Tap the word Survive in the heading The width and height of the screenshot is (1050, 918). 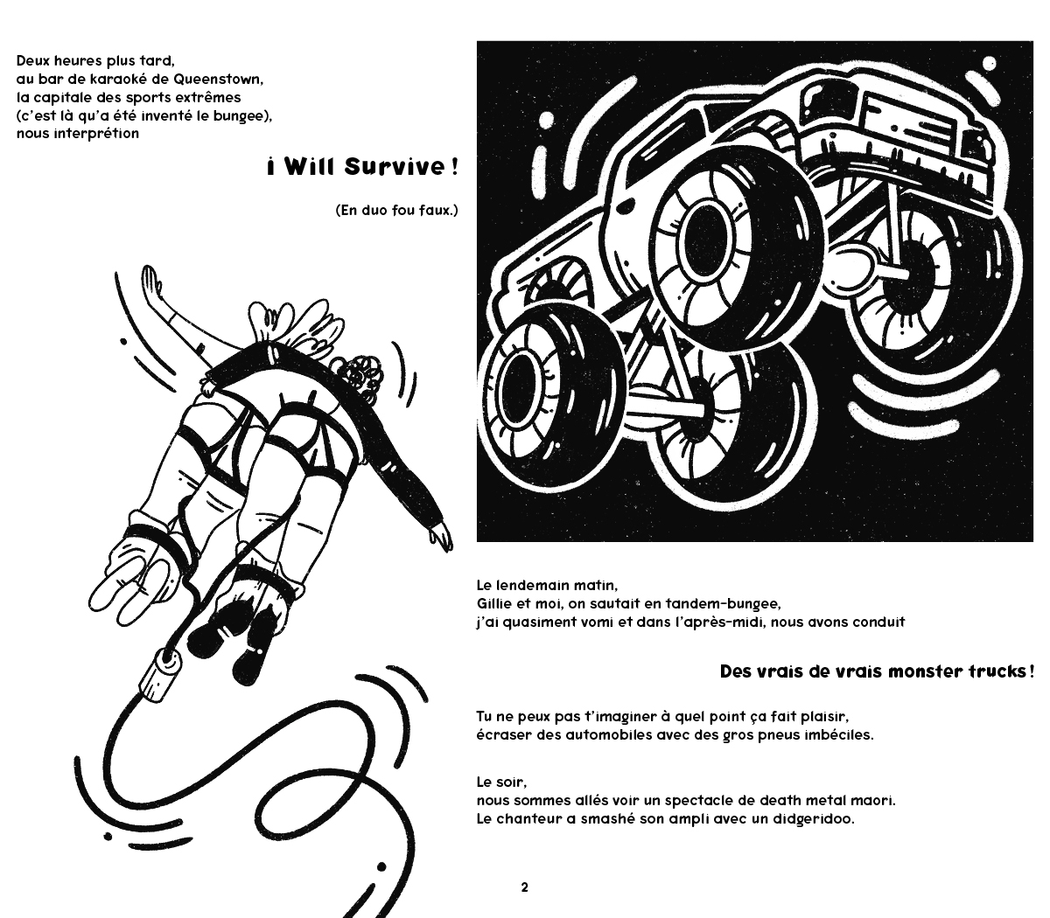pyautogui.click(x=394, y=167)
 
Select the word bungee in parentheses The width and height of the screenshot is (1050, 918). pyautogui.click(x=238, y=116)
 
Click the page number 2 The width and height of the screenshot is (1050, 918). pyautogui.click(x=524, y=887)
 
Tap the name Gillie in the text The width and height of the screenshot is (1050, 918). pyautogui.click(x=494, y=603)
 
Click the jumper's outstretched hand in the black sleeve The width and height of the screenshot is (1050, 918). pyautogui.click(x=441, y=537)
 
